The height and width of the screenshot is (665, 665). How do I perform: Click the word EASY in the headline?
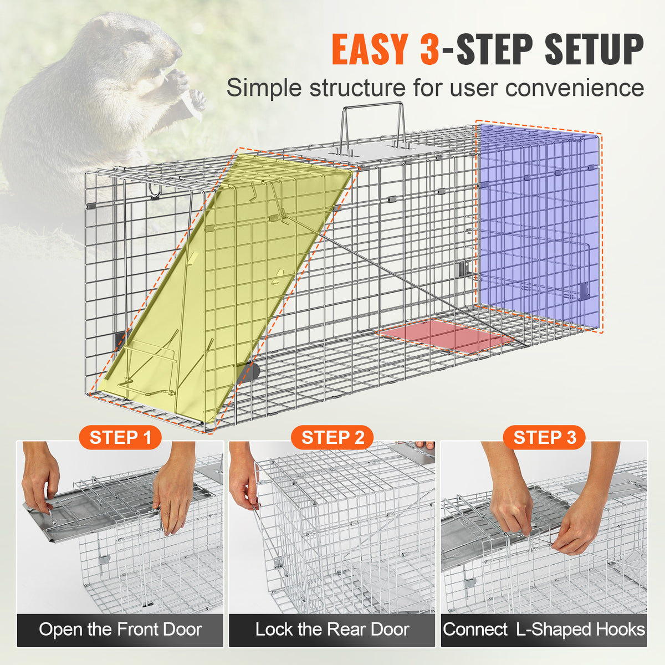[371, 49]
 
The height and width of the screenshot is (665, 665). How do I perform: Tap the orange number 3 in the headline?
[429, 49]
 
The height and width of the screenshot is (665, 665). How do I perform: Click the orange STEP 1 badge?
[120, 437]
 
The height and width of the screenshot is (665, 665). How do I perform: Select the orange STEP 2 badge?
[332, 437]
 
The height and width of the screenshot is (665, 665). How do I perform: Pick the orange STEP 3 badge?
[544, 437]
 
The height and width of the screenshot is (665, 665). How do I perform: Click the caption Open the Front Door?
[120, 630]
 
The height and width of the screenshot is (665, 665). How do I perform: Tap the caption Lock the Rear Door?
[332, 630]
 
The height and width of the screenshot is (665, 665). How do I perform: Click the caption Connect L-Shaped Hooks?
[544, 630]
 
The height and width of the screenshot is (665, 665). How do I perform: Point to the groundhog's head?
[138, 42]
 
